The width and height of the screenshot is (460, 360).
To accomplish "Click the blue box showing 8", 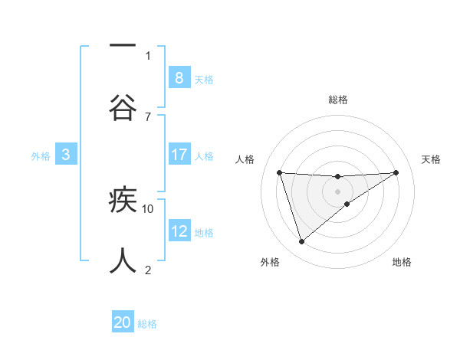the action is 179,77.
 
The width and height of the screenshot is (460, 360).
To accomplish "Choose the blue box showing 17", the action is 179,155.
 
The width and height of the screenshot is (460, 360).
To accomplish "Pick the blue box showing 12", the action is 179,231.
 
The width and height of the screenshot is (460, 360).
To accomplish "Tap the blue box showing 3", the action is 66,155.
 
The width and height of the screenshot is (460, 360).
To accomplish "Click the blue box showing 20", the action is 123,322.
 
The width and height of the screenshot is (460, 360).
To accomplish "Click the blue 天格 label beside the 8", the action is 204,79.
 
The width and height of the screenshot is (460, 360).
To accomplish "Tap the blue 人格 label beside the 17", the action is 204,156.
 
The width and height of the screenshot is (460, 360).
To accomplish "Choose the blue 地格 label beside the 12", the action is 204,233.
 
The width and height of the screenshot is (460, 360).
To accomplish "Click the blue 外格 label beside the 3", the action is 41,156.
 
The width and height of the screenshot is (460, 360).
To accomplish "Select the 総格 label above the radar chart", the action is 337,100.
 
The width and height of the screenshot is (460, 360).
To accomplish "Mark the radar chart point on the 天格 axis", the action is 396,172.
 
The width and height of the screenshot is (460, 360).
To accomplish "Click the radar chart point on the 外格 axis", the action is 301,242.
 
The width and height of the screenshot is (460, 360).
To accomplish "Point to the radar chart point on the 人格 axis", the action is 279,172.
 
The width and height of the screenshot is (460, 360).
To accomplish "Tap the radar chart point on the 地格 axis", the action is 347,204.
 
